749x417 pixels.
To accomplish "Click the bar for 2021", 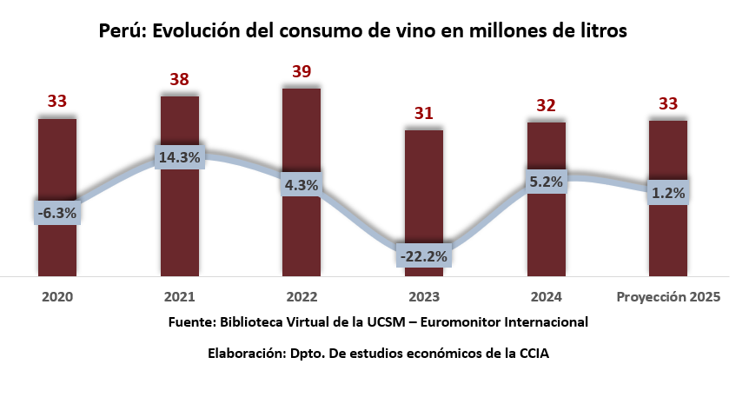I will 180,217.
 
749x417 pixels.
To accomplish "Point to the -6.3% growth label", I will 57,212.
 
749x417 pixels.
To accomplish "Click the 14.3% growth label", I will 180,157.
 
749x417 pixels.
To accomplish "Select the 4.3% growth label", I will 302,184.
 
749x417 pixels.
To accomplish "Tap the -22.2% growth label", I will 424,255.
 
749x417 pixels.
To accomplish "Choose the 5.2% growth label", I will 547,182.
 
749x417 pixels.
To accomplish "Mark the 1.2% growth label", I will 668,193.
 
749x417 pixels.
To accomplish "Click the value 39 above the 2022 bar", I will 302,71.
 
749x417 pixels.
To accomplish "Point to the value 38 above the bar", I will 180,80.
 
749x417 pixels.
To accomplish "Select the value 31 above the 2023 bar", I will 424,113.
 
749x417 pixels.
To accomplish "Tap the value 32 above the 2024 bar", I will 547,105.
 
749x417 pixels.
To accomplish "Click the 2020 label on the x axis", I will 57,296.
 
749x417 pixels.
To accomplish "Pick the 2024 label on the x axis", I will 547,296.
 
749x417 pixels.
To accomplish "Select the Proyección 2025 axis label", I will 668,296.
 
